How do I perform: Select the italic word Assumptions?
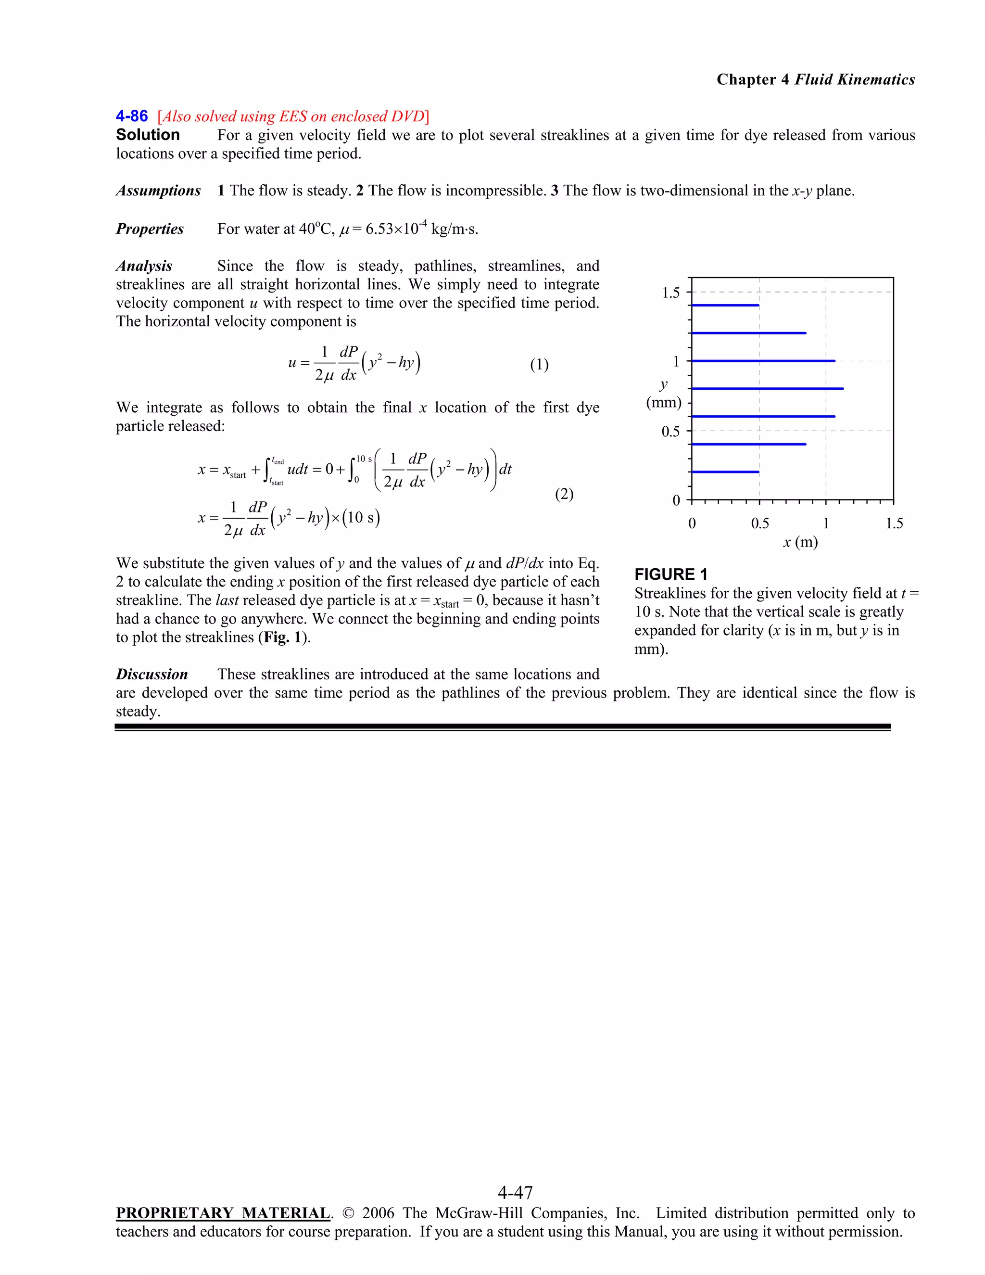tap(158, 191)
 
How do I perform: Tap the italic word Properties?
tap(150, 229)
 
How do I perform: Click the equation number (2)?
tap(564, 495)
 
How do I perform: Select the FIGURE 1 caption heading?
tap(670, 574)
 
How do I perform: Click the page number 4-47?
tap(515, 1191)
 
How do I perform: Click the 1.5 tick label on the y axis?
tap(670, 293)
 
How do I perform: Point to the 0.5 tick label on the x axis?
tap(760, 523)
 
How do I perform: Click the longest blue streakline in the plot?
tap(767, 388)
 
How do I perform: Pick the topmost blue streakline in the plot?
tap(725, 306)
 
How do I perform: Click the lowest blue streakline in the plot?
tap(725, 472)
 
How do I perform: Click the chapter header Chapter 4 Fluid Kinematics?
tap(815, 79)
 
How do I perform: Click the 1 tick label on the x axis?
tap(826, 523)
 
